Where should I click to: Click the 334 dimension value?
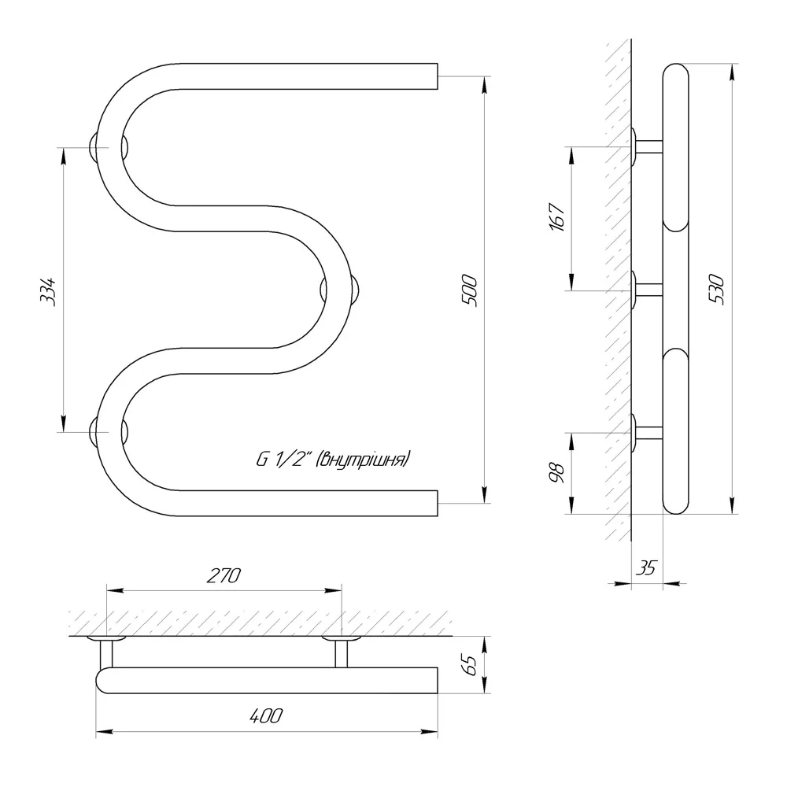[48, 291]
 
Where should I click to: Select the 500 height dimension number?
[469, 290]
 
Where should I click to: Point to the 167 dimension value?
[557, 217]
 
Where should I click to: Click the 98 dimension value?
[557, 473]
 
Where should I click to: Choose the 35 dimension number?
[646, 567]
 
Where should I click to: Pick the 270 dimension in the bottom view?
[224, 576]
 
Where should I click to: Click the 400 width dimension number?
[266, 715]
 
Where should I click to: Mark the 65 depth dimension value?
[471, 666]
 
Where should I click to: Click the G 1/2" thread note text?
[333, 460]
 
